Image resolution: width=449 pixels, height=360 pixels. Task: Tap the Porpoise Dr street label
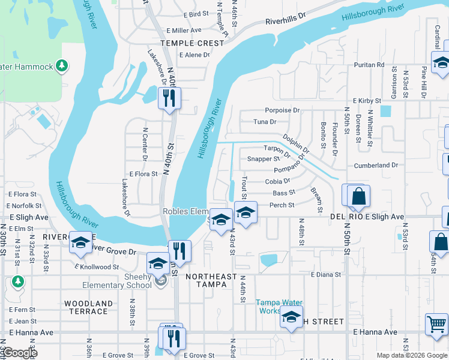tap(282, 110)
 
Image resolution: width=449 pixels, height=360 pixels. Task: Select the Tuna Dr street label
tap(265, 122)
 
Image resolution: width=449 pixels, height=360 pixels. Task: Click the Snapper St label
tap(264, 159)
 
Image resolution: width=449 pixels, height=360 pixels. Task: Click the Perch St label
tap(282, 205)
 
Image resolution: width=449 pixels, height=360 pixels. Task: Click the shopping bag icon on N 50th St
tap(358, 196)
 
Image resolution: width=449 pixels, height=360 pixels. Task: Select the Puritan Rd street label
tap(369, 65)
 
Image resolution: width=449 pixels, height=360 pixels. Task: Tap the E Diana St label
tap(326, 275)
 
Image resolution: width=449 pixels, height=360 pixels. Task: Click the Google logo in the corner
tap(20, 353)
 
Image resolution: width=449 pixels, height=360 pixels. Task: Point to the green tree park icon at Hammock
tap(61, 65)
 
